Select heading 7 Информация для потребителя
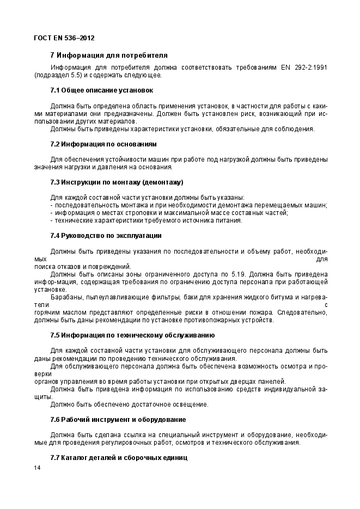[x=108, y=56]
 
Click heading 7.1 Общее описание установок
[x=101, y=90]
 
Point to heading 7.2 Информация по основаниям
[x=103, y=144]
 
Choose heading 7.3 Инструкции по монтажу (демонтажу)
[x=117, y=181]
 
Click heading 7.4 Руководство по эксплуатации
[x=106, y=236]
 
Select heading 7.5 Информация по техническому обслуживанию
[x=132, y=335]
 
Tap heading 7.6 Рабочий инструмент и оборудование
[x=118, y=420]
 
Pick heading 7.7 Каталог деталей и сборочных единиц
[x=119, y=458]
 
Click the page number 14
[x=37, y=468]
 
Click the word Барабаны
[x=66, y=297]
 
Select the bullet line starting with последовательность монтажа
[x=188, y=205]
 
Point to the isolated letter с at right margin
[x=326, y=305]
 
